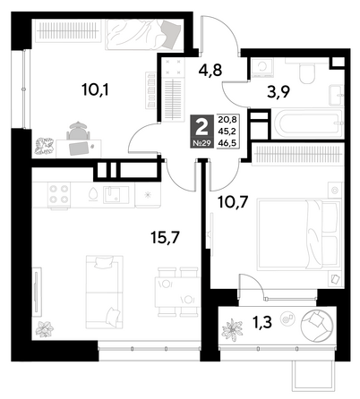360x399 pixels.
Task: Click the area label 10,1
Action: tap(95, 89)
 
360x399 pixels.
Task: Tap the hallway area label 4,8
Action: tap(210, 71)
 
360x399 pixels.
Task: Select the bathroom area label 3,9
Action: tap(279, 92)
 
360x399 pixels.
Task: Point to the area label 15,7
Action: tap(165, 238)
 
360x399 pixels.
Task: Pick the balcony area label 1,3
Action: tap(262, 322)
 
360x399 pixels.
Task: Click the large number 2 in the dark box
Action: tap(202, 127)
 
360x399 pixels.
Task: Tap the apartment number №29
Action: tap(202, 143)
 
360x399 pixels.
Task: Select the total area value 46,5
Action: tap(227, 143)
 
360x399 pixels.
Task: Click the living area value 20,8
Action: tap(227, 120)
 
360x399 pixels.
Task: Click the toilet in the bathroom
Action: tap(307, 72)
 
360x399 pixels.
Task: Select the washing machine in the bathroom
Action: tap(262, 67)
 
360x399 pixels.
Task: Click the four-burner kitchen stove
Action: tap(59, 195)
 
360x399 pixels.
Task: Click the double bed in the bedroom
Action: tap(299, 234)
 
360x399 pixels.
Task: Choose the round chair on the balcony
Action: tap(317, 325)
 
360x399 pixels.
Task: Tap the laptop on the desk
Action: tap(79, 149)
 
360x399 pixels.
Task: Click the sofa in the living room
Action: tap(104, 292)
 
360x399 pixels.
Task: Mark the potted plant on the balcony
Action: tap(232, 329)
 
